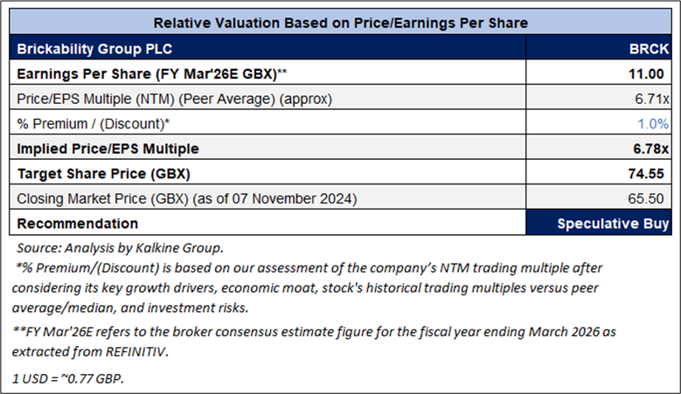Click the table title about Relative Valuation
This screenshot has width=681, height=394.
click(340, 21)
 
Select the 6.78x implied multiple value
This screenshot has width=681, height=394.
click(650, 148)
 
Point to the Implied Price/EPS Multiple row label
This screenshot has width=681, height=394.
click(108, 148)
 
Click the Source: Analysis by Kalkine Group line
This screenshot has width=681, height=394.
click(120, 248)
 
